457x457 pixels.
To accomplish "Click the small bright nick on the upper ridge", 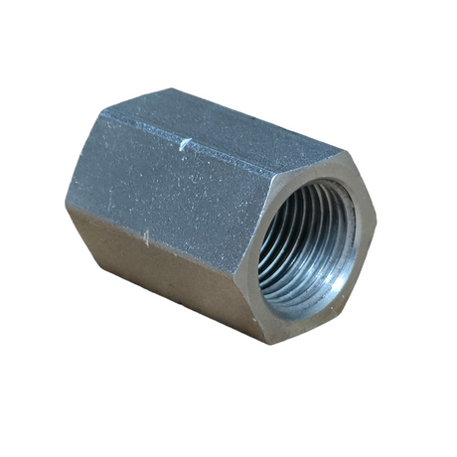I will click(x=185, y=145).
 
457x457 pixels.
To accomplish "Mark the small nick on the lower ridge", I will click(x=147, y=236).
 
